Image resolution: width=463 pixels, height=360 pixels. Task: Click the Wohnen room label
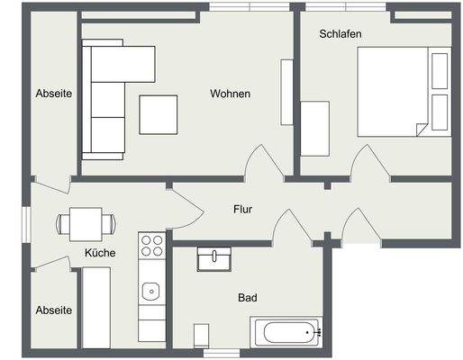tap(230, 94)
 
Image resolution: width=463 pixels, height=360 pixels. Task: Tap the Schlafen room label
tap(340, 34)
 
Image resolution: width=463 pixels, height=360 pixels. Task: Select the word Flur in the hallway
tap(242, 210)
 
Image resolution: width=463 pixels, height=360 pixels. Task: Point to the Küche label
tap(100, 253)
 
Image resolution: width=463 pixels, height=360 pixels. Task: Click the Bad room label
tap(247, 297)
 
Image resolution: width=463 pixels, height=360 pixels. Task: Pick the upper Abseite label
tap(53, 94)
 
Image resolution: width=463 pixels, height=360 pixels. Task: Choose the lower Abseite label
tap(53, 310)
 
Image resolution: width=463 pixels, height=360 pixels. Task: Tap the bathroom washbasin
tap(214, 258)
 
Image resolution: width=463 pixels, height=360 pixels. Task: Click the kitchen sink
tap(151, 291)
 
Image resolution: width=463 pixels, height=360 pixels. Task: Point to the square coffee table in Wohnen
tap(159, 114)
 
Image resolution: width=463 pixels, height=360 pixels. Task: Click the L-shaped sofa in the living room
tap(108, 99)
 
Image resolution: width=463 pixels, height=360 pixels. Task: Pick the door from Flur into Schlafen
tap(370, 163)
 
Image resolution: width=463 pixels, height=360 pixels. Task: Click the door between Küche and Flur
tap(186, 208)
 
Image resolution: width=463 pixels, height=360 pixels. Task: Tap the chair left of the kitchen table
tap(63, 221)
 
